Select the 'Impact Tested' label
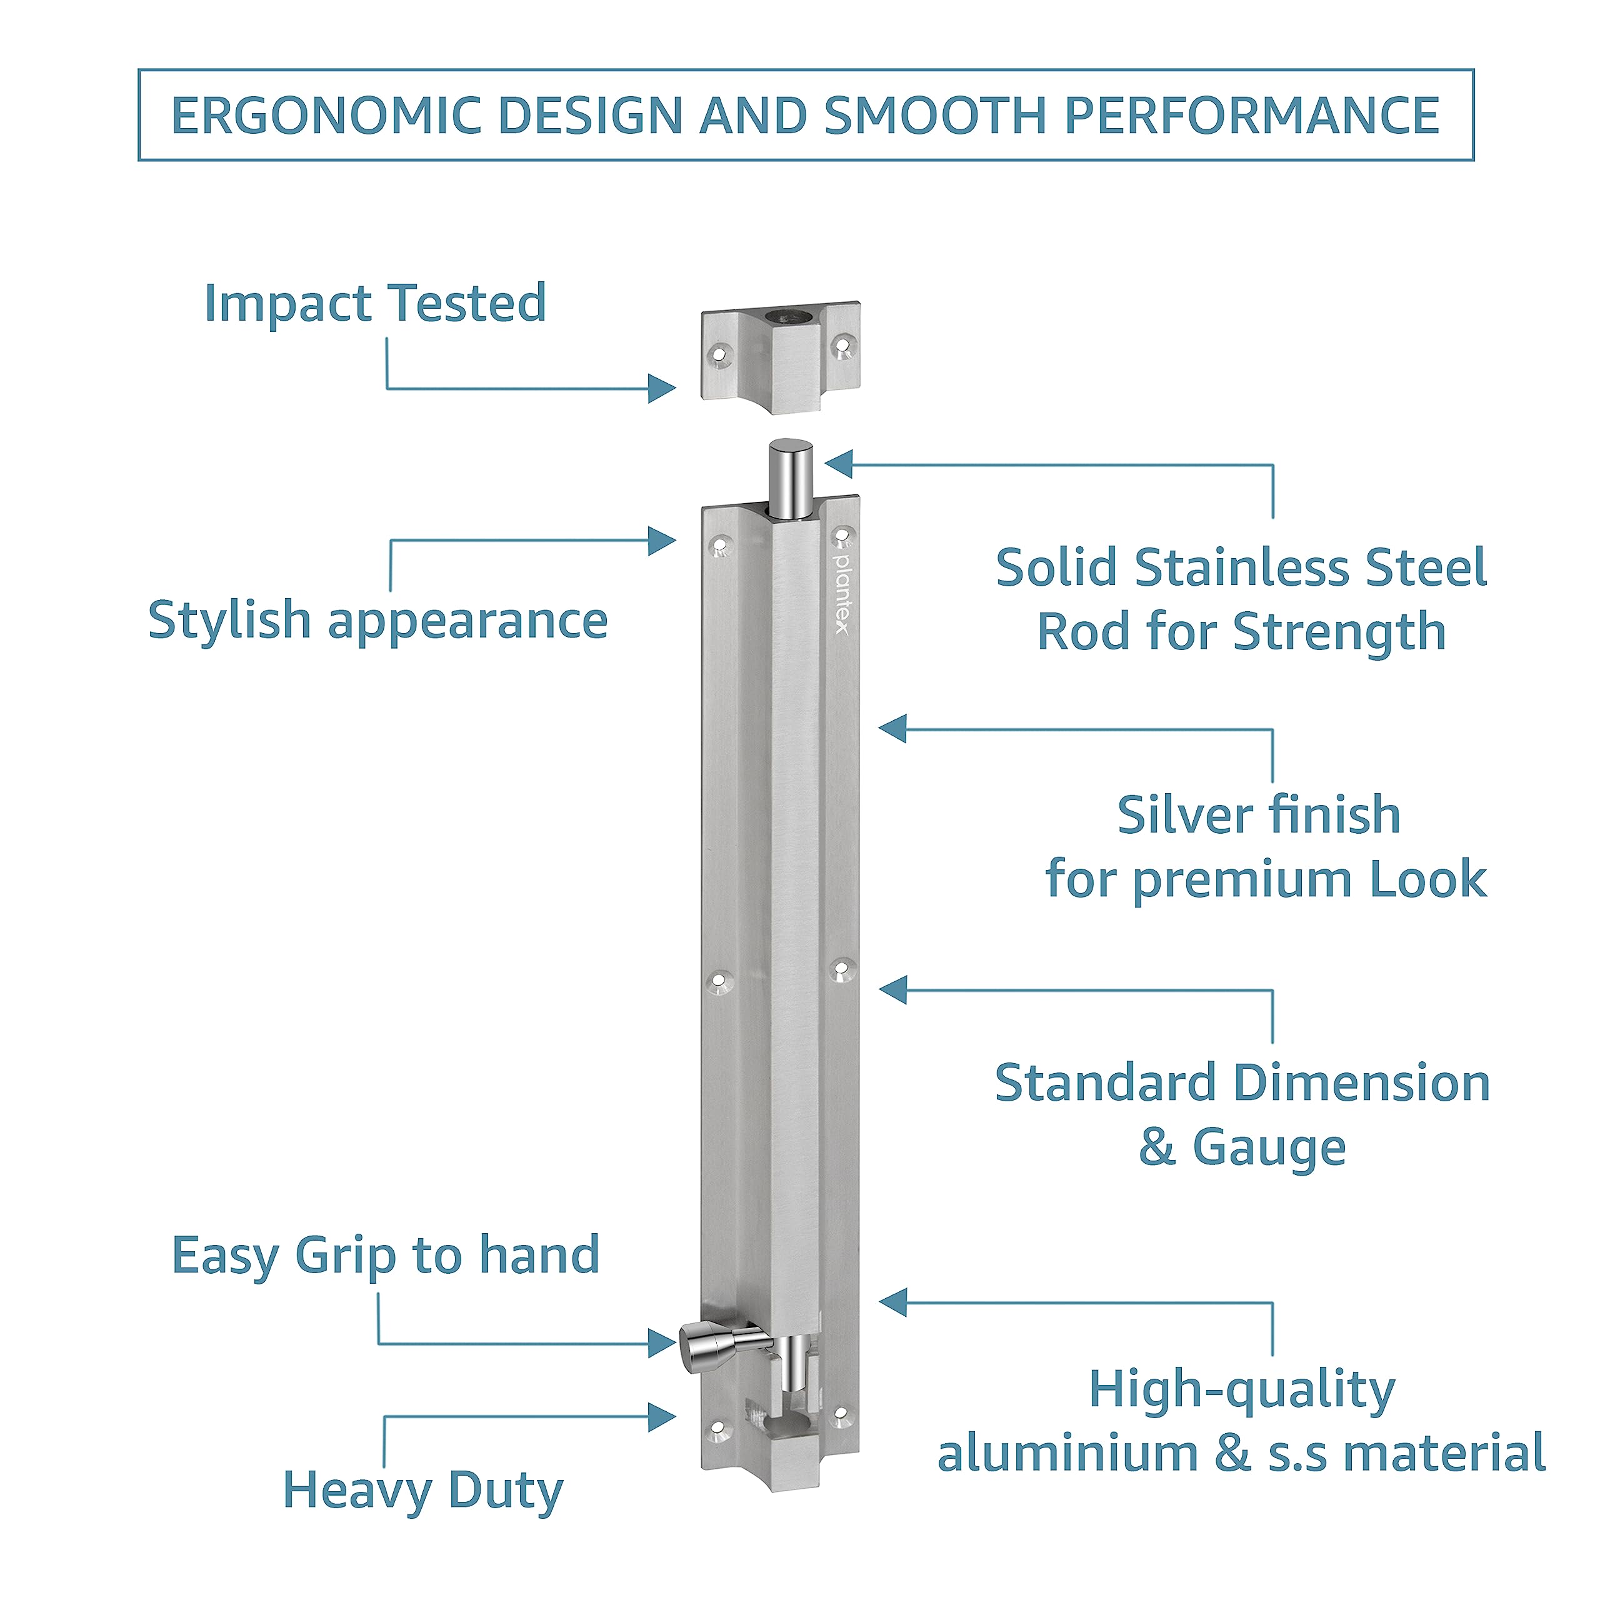coord(375,303)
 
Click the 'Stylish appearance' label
coord(377,621)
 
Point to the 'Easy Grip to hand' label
coord(385,1256)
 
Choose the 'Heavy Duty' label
coord(422,1491)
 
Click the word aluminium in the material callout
coord(1067,1452)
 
